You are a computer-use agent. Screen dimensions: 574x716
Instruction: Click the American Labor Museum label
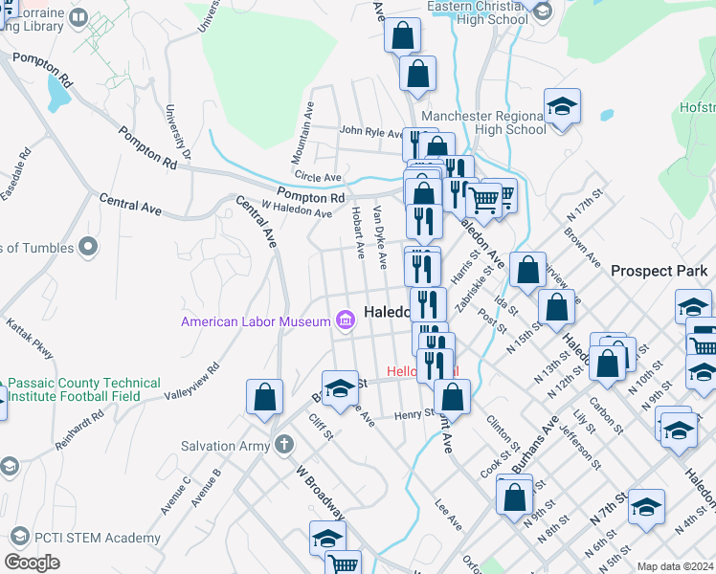256,321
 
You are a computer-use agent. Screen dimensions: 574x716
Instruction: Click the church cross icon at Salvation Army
283,445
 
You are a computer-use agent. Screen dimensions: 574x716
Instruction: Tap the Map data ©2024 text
674,566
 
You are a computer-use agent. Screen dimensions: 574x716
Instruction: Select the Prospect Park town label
659,272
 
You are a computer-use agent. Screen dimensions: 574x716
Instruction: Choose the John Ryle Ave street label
371,132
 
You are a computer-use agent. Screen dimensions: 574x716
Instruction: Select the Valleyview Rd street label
192,381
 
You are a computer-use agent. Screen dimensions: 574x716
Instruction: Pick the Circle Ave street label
319,178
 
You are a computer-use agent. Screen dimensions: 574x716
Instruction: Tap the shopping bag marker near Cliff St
264,397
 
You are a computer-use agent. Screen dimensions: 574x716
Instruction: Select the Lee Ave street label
448,515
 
